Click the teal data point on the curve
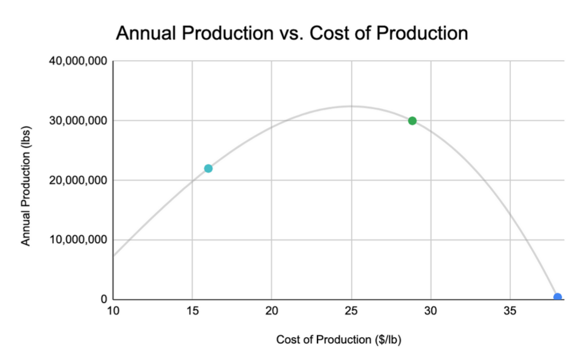click(208, 169)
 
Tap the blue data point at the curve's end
click(557, 298)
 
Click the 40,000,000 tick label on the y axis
click(78, 61)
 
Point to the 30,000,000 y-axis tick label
click(78, 121)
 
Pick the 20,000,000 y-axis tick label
click(78, 180)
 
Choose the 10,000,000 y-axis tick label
click(78, 240)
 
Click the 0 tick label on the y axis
click(105, 299)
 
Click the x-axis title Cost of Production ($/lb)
click(339, 340)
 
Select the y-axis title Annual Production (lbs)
click(25, 185)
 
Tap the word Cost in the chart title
click(332, 34)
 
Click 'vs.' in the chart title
click(290, 34)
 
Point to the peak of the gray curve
click(350, 106)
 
